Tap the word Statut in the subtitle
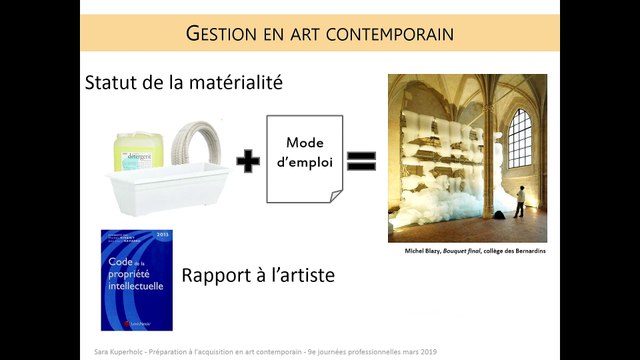(113, 83)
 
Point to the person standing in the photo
(519, 201)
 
